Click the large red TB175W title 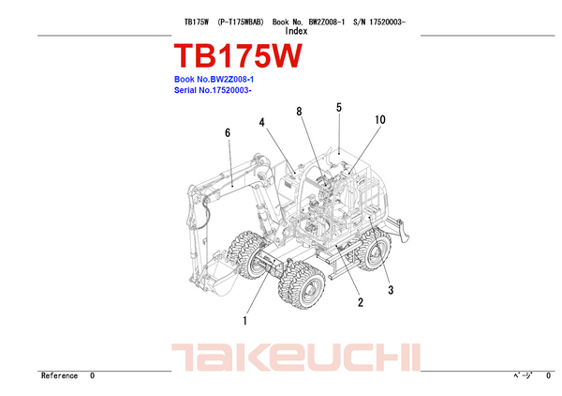(238, 55)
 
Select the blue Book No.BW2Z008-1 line (214, 80)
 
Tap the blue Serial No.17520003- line (213, 90)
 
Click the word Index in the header (296, 31)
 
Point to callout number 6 (228, 133)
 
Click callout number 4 (262, 122)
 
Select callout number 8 (300, 112)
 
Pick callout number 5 (339, 107)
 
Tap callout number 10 (380, 119)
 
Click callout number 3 (391, 290)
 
